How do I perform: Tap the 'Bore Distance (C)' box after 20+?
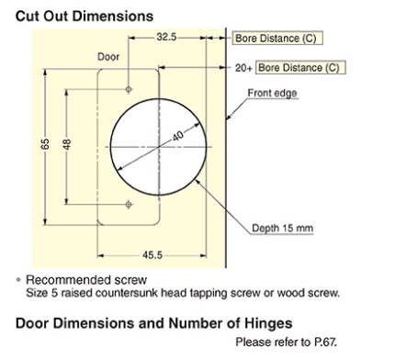pos(300,68)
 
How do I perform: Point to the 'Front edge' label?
pos(273,92)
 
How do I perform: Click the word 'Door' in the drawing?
pos(108,57)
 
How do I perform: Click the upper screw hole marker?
pos(129,90)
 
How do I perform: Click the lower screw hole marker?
pos(129,203)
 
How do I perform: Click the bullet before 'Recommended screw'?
pos(19,279)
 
